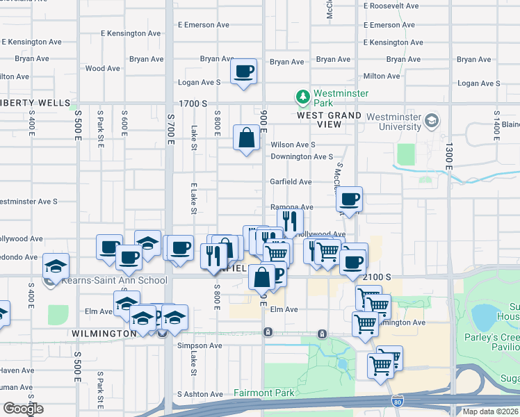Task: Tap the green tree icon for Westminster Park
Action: (x=302, y=96)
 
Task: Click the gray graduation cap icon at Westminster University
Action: (x=432, y=121)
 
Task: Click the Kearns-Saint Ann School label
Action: (x=114, y=280)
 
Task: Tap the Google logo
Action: (x=23, y=409)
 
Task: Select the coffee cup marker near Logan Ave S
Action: (x=244, y=71)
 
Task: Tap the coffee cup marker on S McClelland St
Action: (x=350, y=199)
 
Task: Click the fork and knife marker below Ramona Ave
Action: (x=290, y=222)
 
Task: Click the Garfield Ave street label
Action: (x=291, y=182)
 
